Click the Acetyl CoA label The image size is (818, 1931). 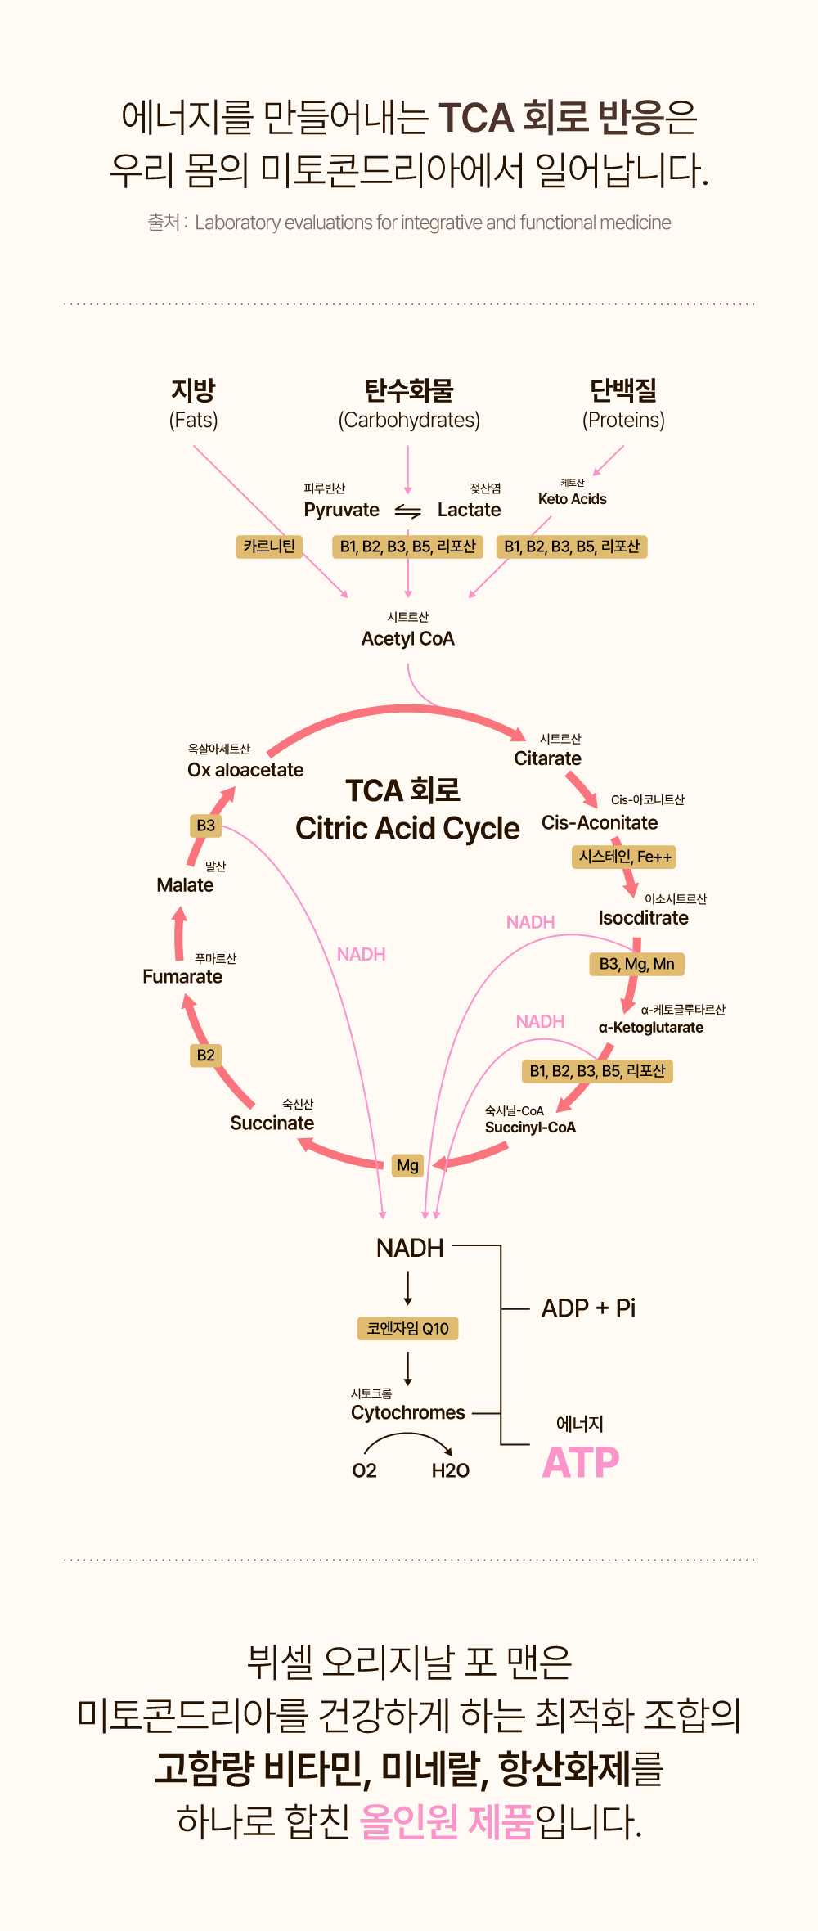point(407,639)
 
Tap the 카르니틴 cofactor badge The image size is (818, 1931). point(269,547)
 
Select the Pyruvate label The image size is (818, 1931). point(341,510)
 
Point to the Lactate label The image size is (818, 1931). point(469,510)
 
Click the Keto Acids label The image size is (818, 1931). point(572,499)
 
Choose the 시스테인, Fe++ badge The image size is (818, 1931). point(625,857)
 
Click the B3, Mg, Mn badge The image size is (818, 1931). point(636,964)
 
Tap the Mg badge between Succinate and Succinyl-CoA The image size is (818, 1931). point(407,1165)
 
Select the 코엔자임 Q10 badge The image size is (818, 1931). point(407,1328)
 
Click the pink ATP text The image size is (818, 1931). point(581,1462)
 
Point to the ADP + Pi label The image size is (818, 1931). point(588,1308)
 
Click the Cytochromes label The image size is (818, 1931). point(407,1412)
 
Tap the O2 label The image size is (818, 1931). point(364,1470)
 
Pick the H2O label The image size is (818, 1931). point(450,1470)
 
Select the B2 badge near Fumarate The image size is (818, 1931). point(205,1056)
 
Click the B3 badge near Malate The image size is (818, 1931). point(205,826)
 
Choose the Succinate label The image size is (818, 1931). point(272,1123)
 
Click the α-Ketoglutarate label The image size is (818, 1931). point(650,1028)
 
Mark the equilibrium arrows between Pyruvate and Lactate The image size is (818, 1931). point(407,511)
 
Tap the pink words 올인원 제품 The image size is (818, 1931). point(446,1821)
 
